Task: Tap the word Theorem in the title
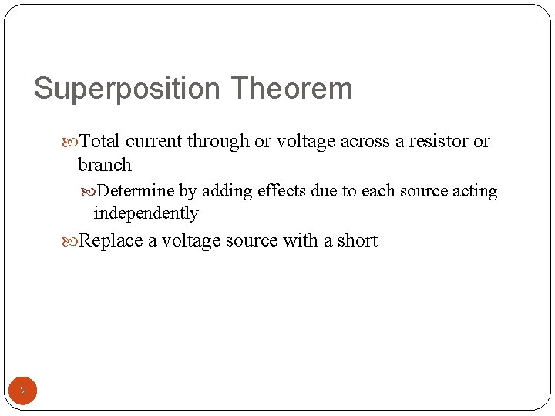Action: point(291,89)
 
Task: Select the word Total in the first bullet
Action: point(100,141)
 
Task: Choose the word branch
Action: point(105,164)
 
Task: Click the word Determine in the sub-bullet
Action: point(136,191)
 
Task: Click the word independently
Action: point(146,213)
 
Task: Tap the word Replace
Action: point(112,240)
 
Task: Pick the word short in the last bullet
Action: point(357,240)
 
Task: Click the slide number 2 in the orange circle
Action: point(23,391)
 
